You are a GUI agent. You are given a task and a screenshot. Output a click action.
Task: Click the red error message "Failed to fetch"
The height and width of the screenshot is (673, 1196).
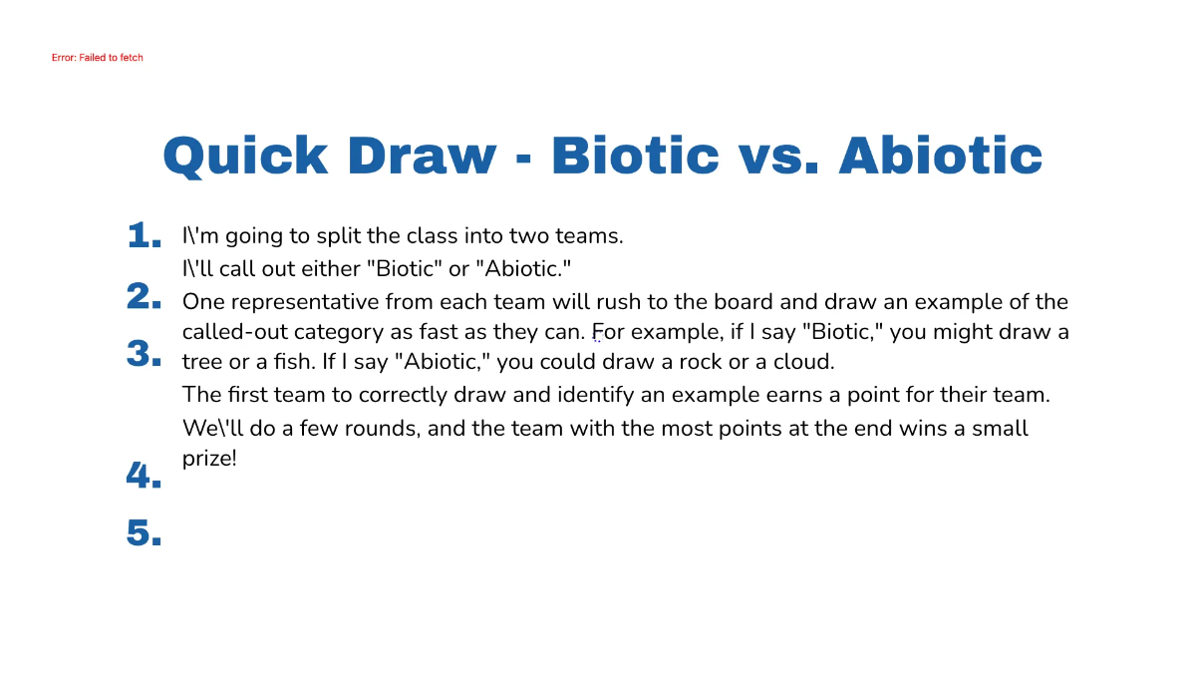pos(98,58)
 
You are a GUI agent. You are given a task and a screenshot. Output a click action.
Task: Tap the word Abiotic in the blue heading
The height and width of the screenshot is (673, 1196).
pos(940,156)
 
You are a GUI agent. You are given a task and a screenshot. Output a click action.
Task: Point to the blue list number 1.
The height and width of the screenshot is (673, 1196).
pos(145,236)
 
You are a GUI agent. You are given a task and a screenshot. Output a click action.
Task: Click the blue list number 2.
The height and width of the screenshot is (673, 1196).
pos(145,296)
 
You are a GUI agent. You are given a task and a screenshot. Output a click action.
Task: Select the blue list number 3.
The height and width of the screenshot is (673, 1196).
pos(145,354)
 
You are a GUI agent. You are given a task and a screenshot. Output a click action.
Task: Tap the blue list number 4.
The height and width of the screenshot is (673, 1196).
pos(145,476)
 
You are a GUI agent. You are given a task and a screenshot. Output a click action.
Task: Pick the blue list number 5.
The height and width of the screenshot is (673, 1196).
pos(145,533)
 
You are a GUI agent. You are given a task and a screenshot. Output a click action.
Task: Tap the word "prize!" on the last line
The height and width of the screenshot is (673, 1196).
pos(209,460)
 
